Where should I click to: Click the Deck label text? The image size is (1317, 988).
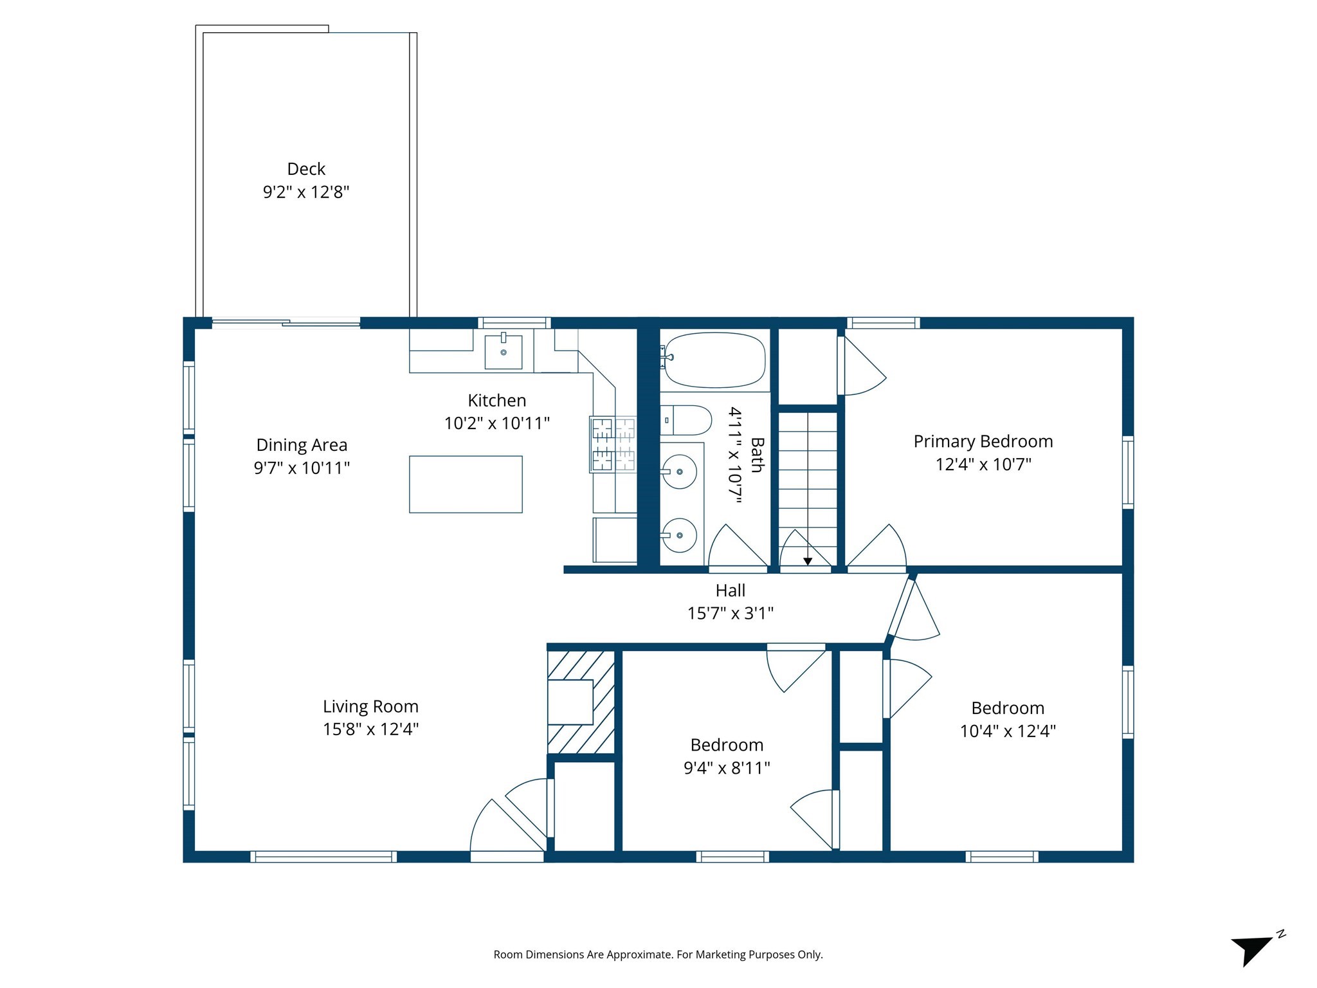point(306,169)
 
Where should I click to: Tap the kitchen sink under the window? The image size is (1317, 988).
point(503,352)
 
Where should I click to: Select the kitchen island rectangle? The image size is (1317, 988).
point(466,484)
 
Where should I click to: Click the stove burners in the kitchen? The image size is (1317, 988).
point(613,444)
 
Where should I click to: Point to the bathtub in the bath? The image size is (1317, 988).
point(714,360)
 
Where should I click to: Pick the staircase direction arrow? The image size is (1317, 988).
point(808,561)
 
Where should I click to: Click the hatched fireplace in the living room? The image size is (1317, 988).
point(580,702)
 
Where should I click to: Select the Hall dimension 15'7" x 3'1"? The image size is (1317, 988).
point(730,613)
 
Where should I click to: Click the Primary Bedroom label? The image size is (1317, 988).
point(983,441)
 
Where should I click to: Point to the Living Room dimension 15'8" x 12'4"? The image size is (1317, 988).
point(370,729)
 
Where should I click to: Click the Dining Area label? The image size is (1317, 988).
point(302,444)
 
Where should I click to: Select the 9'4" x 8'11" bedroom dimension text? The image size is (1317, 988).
point(727,767)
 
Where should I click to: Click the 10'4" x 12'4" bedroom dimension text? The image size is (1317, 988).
point(1007,731)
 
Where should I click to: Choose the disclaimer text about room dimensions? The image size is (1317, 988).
point(658,955)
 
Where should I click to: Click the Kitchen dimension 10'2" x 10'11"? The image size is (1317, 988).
point(496,423)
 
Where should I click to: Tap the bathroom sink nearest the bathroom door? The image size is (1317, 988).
point(680,535)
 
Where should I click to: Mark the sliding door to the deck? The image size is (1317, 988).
point(286,323)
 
